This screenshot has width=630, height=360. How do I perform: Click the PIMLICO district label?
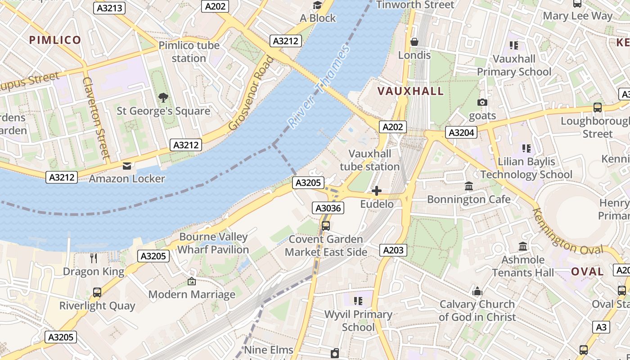(x=55, y=40)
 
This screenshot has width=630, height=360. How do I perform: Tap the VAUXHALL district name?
(x=410, y=91)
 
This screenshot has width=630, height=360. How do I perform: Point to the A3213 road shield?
(x=110, y=8)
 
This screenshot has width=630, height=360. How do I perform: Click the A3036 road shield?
(x=328, y=208)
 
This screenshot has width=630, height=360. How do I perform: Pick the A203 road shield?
(x=393, y=250)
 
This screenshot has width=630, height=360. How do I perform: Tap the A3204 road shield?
(x=461, y=132)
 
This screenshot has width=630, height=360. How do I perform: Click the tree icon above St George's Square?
(x=163, y=97)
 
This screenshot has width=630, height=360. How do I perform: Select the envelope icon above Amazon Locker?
(x=127, y=166)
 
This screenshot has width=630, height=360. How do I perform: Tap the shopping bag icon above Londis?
(x=414, y=42)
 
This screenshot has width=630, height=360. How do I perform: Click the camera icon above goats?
(x=482, y=103)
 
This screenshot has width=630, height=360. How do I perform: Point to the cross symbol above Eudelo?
(x=377, y=191)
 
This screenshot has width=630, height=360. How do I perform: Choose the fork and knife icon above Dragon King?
(x=94, y=258)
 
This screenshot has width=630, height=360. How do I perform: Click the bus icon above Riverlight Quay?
(x=97, y=292)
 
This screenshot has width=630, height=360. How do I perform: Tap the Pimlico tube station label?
(x=189, y=52)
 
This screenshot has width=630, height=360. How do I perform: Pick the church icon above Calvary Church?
(x=477, y=292)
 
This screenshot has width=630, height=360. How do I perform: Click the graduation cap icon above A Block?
(x=318, y=5)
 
